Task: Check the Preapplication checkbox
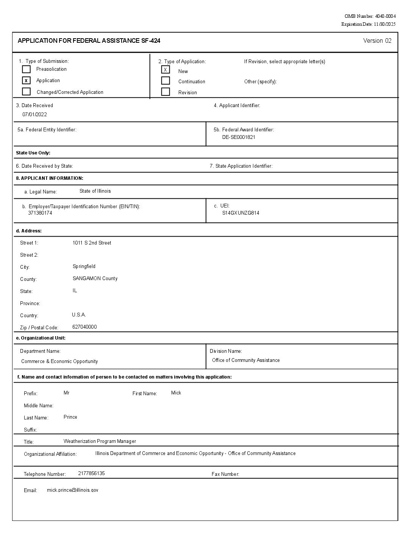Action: [26, 69]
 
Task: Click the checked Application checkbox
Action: [26, 81]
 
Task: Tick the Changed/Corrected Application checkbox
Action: [26, 92]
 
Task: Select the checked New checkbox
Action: [165, 70]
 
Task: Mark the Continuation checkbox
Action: [165, 81]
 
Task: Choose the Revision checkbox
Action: [165, 92]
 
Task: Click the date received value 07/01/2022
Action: [34, 114]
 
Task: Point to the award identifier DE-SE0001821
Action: [239, 137]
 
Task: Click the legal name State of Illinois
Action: [95, 191]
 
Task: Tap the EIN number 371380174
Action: [40, 213]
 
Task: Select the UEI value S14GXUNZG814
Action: [240, 213]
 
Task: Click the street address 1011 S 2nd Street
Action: [92, 243]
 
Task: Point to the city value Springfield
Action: [84, 266]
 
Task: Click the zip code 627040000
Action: [84, 327]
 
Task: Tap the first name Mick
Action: [176, 393]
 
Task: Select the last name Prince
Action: [70, 417]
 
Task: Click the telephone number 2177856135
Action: [91, 474]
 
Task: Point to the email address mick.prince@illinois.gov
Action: [72, 490]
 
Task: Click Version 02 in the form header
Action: [377, 41]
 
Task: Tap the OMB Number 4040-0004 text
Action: [370, 16]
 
